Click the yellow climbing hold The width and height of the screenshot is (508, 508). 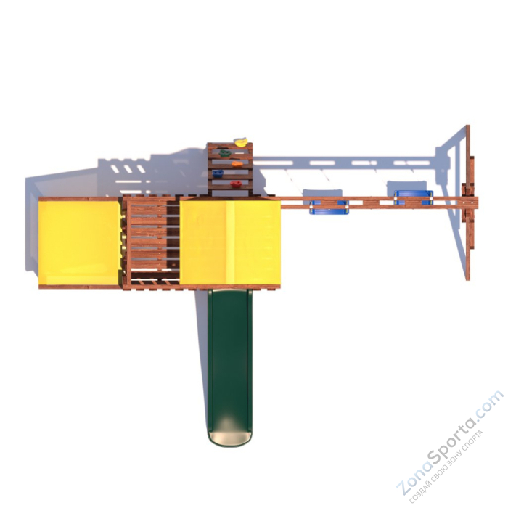point(240,142)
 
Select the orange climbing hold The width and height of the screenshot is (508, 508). point(237,164)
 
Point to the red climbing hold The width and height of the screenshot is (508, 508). point(235,185)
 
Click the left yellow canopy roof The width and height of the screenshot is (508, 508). point(78,242)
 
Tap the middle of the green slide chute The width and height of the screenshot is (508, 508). point(229,356)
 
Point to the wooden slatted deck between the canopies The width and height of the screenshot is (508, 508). point(150,242)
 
